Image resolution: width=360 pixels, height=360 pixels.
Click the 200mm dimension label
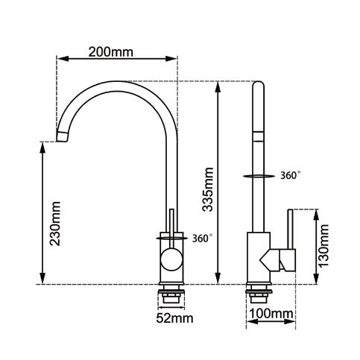pos(111,52)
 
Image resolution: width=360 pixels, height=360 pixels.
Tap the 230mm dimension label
pos(55,224)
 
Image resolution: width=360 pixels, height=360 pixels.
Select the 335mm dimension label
pos(208,189)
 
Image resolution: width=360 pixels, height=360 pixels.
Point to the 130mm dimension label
pos(324,245)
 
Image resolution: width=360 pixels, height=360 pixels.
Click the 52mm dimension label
pos(174,318)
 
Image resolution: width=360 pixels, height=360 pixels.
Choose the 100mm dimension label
pos(271,314)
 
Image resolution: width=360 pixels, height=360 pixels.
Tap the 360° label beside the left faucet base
pos(203,239)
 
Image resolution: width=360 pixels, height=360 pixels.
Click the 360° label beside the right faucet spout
pos(291,175)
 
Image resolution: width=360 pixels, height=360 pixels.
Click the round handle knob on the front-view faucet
pos(171,260)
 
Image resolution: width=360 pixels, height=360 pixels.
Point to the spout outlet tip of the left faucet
pos(62,136)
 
